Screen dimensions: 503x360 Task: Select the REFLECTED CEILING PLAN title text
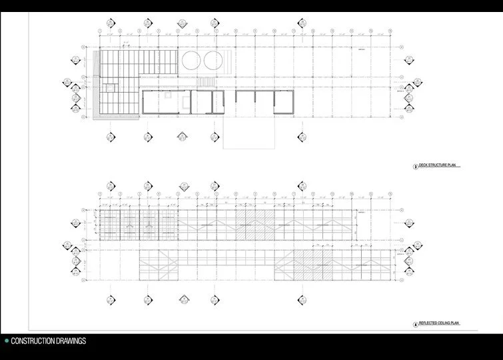pos(440,323)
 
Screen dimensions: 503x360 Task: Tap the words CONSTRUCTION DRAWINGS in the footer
pos(49,341)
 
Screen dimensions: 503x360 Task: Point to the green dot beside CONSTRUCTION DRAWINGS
pos(6,341)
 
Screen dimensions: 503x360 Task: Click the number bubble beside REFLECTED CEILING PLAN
pos(415,323)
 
